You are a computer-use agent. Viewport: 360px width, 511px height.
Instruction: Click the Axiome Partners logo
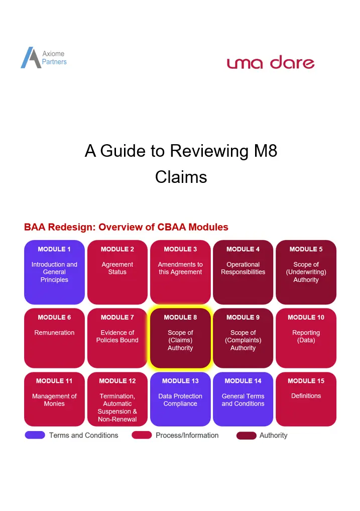point(44,57)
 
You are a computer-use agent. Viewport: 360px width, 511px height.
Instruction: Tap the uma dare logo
point(271,62)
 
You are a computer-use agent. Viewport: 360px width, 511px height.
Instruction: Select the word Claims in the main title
point(181,177)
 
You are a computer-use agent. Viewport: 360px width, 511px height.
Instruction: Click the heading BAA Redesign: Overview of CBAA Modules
point(126,227)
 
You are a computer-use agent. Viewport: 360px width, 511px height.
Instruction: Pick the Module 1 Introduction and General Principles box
point(54,272)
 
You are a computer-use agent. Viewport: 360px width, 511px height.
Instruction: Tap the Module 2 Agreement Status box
point(117,272)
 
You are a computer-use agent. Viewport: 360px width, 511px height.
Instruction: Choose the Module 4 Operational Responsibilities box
point(243,272)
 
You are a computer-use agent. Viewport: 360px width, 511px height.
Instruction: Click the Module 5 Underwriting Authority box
point(306,272)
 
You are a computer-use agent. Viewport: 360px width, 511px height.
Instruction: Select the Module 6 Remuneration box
point(54,338)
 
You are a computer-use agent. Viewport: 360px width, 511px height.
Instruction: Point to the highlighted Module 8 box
point(180,338)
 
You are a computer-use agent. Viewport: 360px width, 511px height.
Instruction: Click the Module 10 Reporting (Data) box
point(306,338)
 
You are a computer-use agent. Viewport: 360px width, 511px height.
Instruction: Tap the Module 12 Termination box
point(117,399)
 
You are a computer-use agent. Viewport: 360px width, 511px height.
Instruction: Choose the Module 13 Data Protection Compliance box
point(180,399)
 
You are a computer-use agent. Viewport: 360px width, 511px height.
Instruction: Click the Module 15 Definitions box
point(306,399)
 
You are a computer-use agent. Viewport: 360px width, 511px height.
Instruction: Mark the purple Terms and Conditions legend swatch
point(35,435)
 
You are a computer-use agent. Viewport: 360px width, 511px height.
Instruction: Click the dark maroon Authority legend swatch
point(247,436)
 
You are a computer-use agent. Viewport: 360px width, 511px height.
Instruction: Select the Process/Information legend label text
point(187,435)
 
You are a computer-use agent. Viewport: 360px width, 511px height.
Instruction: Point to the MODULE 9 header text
point(243,317)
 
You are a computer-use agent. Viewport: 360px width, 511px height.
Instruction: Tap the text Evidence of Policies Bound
point(117,336)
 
